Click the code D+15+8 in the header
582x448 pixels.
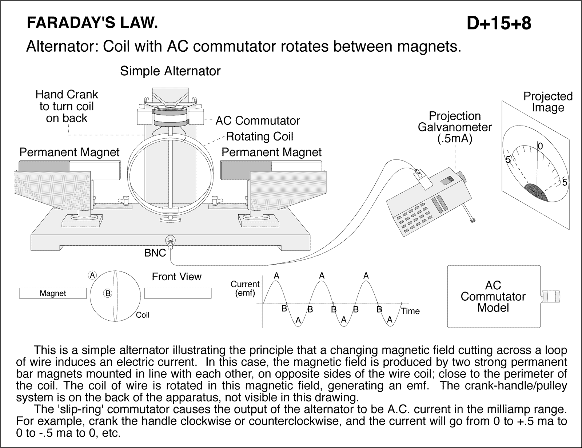click(x=499, y=24)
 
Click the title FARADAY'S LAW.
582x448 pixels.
click(x=92, y=23)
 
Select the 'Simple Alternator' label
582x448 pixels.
click(x=170, y=71)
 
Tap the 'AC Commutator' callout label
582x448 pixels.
click(x=258, y=121)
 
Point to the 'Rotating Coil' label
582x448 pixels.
click(x=259, y=136)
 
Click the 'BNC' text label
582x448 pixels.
click(x=155, y=253)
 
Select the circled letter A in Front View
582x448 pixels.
click(x=93, y=275)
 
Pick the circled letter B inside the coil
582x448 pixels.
click(x=108, y=293)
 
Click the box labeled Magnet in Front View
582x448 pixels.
click(x=53, y=293)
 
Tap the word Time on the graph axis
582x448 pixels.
click(x=411, y=311)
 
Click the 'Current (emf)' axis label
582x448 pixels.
click(x=245, y=288)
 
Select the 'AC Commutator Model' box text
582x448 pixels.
click(x=493, y=297)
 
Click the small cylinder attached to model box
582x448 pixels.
click(x=551, y=297)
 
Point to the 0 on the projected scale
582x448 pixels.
click(x=540, y=146)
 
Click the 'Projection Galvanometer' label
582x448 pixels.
click(x=455, y=127)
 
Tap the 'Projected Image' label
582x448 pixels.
click(x=548, y=102)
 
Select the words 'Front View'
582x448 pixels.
click(x=176, y=277)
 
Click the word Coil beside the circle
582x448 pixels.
click(x=143, y=315)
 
